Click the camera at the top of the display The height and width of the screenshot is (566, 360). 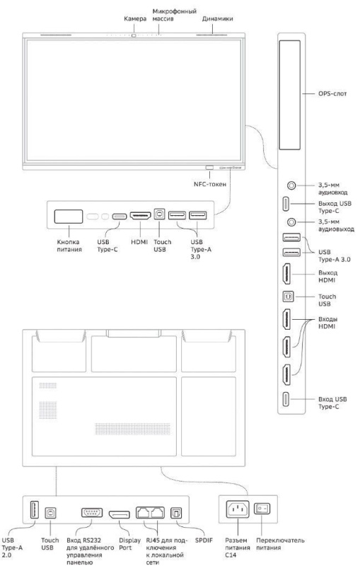[x=134, y=35]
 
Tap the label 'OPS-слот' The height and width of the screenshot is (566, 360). [x=332, y=93]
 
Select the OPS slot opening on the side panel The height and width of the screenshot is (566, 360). [x=290, y=95]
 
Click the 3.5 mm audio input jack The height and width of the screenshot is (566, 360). [x=291, y=185]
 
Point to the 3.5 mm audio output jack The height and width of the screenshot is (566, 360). [x=291, y=222]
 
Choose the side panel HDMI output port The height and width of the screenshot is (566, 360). [x=286, y=274]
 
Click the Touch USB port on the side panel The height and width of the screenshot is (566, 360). [x=288, y=296]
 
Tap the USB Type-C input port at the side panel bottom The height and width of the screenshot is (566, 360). [x=286, y=399]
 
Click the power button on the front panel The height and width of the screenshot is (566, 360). [x=69, y=216]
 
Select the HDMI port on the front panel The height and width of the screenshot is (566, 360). [x=140, y=216]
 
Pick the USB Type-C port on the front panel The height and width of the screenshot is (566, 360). [x=120, y=216]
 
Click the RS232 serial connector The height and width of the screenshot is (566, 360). [x=92, y=512]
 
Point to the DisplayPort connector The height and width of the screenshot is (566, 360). [x=120, y=514]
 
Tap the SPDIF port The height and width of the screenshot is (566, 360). [x=176, y=513]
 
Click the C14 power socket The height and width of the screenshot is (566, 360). [x=238, y=509]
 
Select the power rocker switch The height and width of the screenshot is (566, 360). [x=262, y=509]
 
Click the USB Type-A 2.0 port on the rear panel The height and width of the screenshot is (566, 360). [x=34, y=509]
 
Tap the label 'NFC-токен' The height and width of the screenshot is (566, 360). [x=210, y=184]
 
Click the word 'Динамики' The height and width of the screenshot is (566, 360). [x=218, y=19]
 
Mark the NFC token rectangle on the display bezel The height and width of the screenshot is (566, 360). [x=209, y=168]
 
